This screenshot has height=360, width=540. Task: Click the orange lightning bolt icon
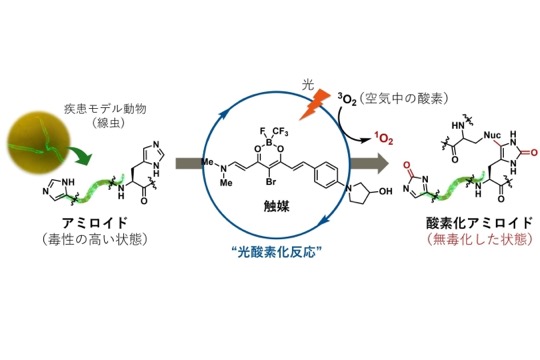(314, 105)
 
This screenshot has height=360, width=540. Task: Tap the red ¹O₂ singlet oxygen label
(384, 138)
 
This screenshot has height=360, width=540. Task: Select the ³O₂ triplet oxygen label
(347, 100)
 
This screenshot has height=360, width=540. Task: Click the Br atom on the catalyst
(271, 182)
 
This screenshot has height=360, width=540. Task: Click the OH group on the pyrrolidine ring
(385, 191)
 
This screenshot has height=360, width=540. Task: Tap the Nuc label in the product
(492, 135)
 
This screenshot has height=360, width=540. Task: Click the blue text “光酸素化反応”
(277, 252)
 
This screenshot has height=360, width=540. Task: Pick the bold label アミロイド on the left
(95, 223)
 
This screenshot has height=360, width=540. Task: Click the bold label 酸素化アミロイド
(480, 223)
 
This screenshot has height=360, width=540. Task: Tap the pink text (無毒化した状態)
(480, 239)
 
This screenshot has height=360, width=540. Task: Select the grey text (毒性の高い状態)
(95, 239)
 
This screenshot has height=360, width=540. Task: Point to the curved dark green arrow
(80, 154)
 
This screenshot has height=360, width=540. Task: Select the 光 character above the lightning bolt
(308, 84)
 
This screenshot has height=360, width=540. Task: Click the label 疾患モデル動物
(105, 109)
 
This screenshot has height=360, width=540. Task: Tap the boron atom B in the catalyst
(269, 142)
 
